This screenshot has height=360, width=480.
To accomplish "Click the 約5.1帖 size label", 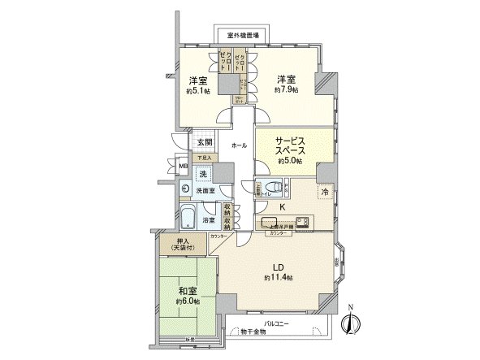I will [x=197, y=92].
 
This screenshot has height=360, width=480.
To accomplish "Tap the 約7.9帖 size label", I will [x=284, y=89].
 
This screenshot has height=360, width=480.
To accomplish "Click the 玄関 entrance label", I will [x=205, y=142].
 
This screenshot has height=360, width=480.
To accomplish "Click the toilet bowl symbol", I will [x=276, y=187].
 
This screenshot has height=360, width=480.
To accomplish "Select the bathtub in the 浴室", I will [x=187, y=217].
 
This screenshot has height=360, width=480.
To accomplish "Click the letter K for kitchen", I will [x=282, y=207].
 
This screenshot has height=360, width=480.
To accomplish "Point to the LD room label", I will [x=277, y=266].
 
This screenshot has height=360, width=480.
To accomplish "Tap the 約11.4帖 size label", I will [x=277, y=277].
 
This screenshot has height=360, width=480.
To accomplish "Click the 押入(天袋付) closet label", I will [x=183, y=245].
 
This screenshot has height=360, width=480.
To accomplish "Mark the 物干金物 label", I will [x=254, y=333].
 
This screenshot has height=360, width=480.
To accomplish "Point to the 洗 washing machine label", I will [x=203, y=173].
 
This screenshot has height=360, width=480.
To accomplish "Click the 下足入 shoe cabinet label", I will [x=204, y=158].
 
